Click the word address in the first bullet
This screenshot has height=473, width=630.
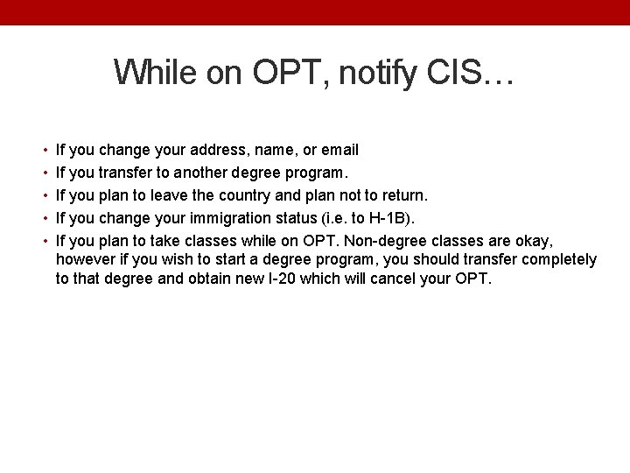coord(212,150)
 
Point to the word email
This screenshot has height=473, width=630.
coord(340,150)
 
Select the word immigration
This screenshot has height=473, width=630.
coord(240,215)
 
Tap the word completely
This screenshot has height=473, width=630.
coord(555,260)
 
